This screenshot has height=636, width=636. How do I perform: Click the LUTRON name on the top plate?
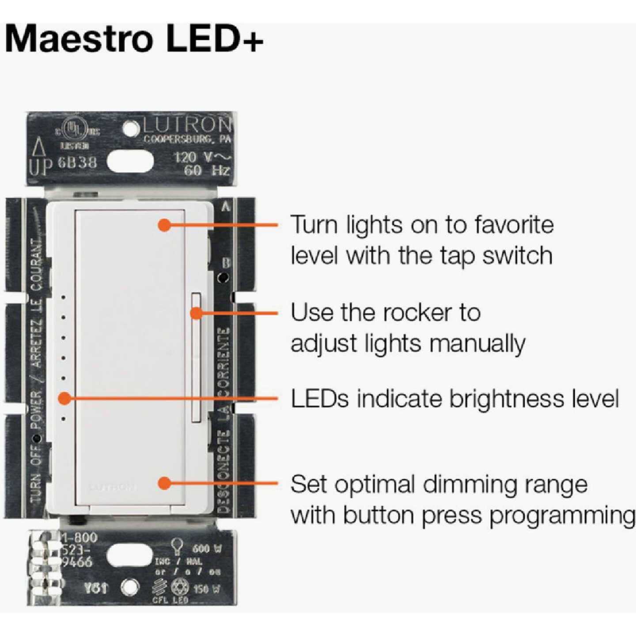(x=186, y=125)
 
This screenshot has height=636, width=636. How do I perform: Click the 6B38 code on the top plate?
(x=77, y=162)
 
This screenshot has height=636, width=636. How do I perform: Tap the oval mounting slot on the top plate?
(x=130, y=162)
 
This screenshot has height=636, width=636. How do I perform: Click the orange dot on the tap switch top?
(x=164, y=225)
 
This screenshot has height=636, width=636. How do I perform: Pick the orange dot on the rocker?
(x=197, y=313)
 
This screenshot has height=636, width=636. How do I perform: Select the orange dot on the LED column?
(x=64, y=398)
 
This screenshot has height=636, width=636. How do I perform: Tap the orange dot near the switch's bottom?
(x=164, y=483)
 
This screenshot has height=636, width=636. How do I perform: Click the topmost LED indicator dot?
(x=64, y=298)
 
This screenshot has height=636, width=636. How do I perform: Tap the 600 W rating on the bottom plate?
(x=207, y=549)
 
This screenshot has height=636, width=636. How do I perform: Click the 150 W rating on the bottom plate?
(x=207, y=589)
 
